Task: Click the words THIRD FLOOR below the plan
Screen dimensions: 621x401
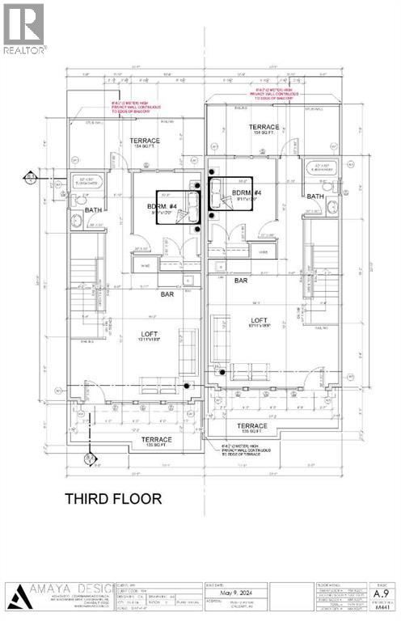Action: tap(113, 499)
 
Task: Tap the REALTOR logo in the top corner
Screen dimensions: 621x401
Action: tap(23, 28)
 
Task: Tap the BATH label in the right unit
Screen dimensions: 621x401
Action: tap(315, 196)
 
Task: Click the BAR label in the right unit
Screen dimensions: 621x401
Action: tap(240, 280)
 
